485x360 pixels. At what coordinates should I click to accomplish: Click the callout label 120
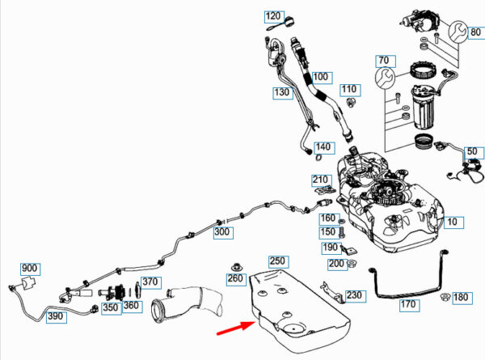(x=273, y=16)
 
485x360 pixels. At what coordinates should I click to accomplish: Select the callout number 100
(x=322, y=78)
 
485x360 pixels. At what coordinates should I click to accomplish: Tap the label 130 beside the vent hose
(x=281, y=94)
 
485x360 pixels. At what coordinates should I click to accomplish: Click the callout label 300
(x=221, y=232)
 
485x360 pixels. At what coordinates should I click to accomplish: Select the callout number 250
(x=278, y=261)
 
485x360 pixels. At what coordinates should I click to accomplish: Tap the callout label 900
(x=30, y=269)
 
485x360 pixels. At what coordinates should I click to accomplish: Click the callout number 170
(x=407, y=305)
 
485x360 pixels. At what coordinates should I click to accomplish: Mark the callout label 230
(x=355, y=295)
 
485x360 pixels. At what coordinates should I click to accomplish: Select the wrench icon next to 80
(x=456, y=33)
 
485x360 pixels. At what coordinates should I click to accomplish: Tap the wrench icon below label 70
(x=385, y=78)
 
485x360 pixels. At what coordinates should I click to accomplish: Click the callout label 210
(x=321, y=180)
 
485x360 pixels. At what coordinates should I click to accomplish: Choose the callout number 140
(x=323, y=147)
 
